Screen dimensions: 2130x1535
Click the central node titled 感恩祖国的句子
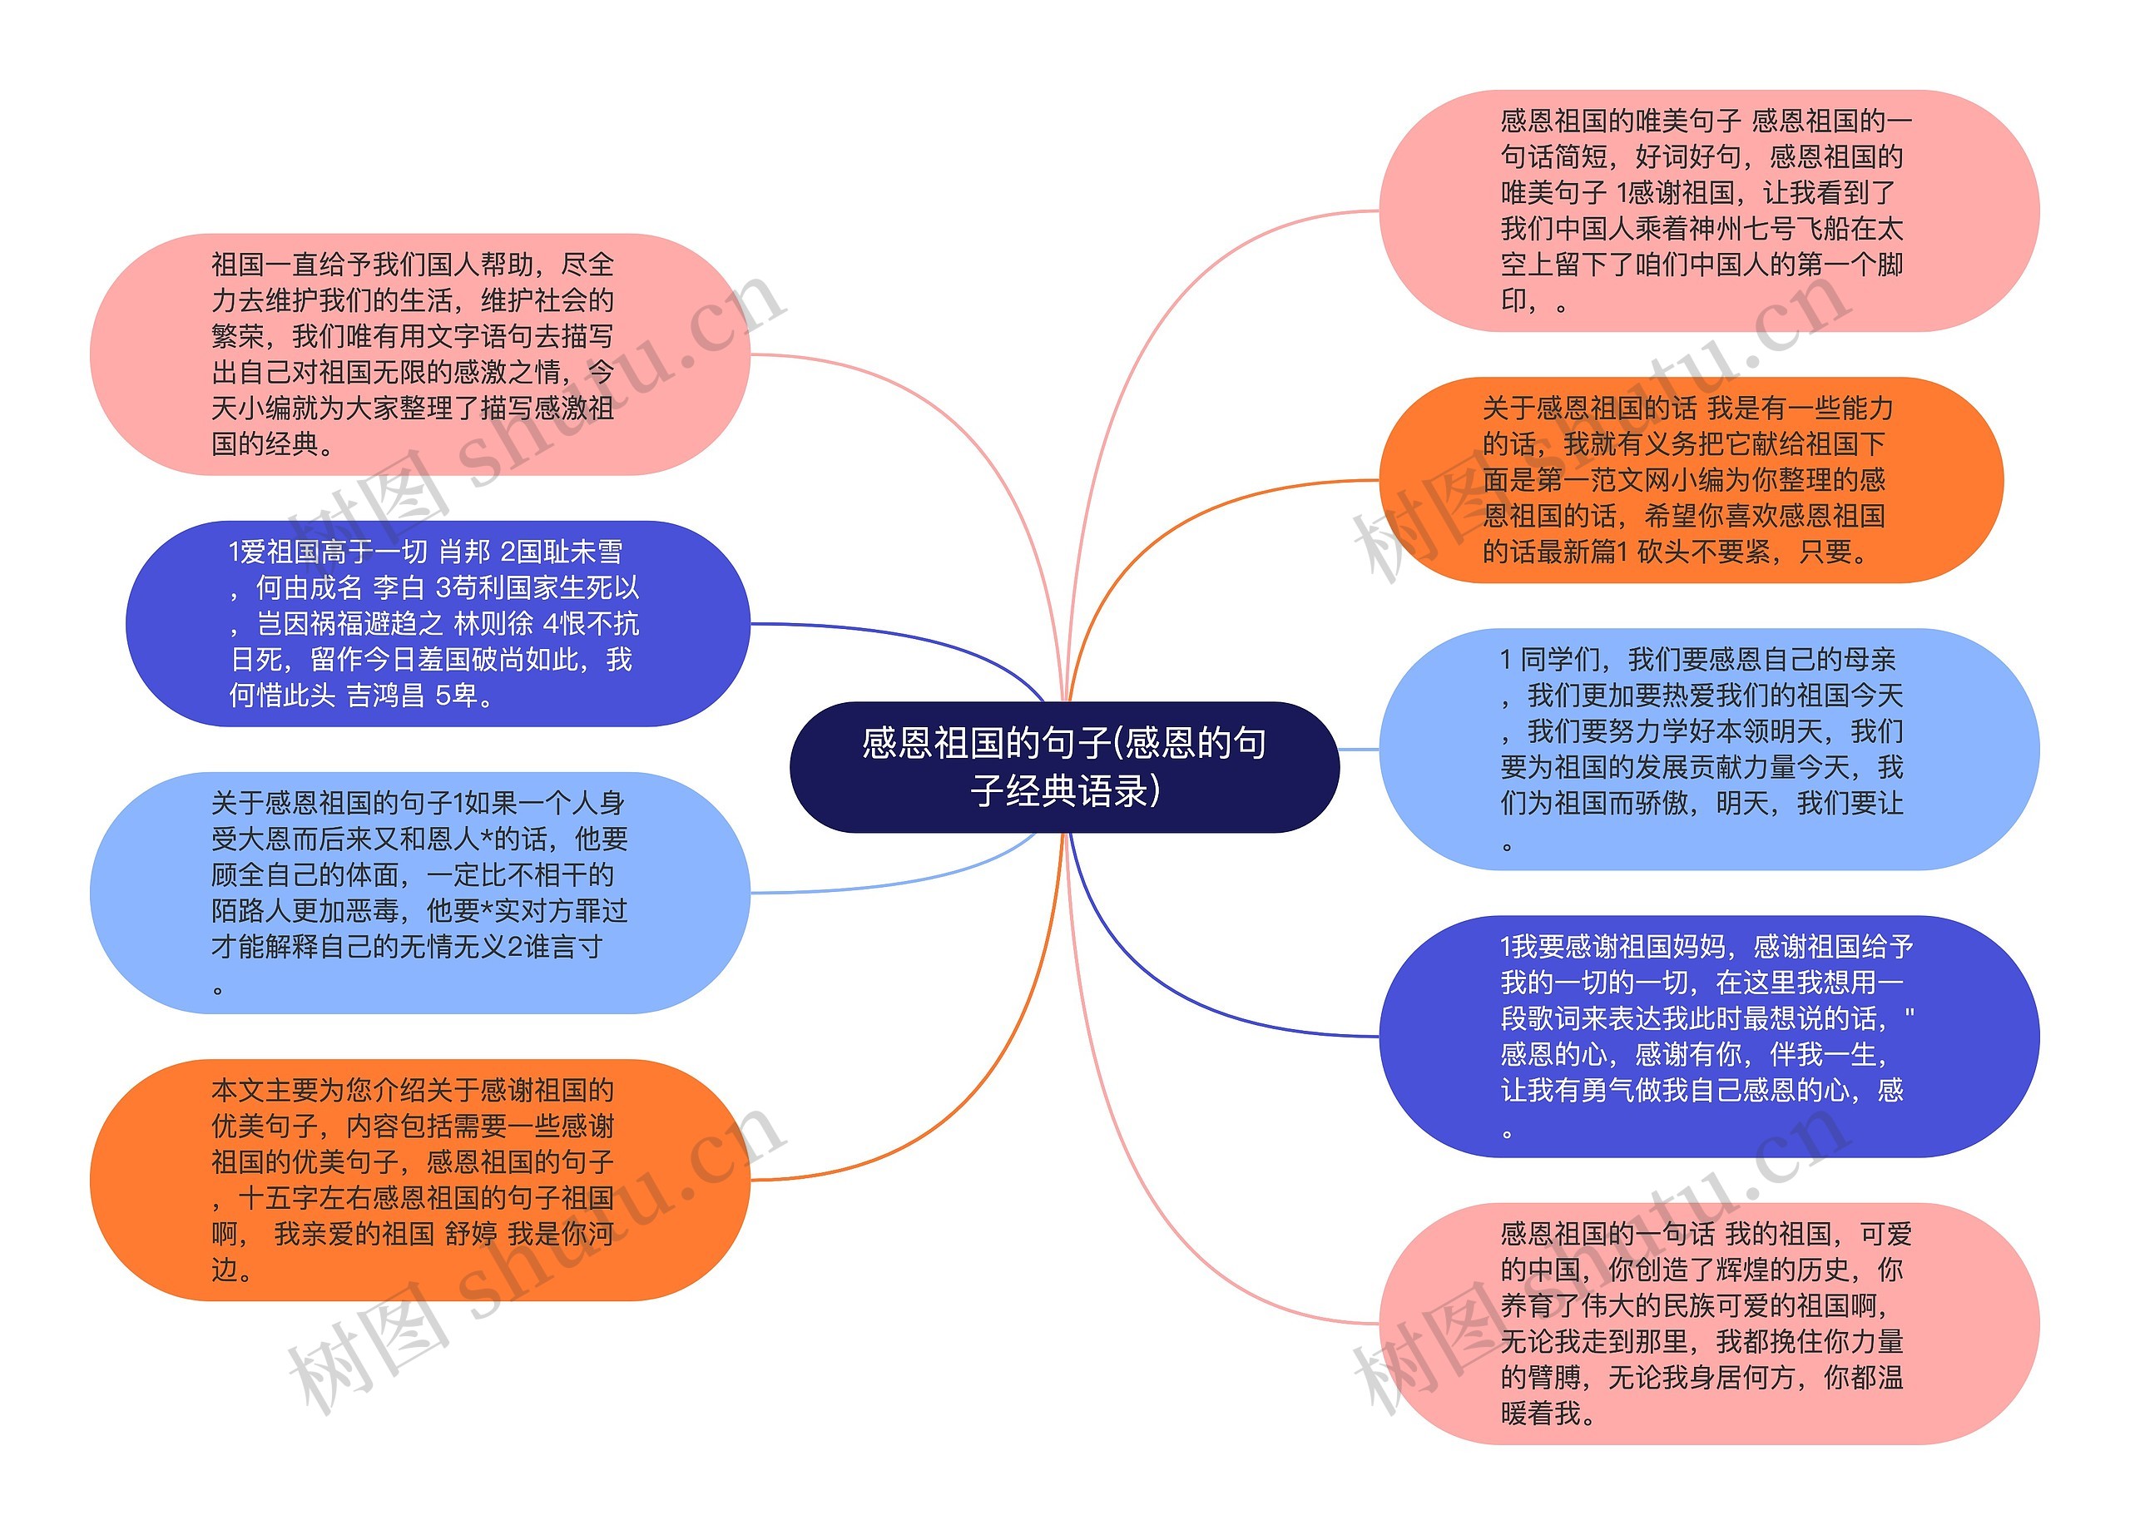click(x=1064, y=766)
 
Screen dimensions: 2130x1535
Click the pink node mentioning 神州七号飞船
click(x=1708, y=210)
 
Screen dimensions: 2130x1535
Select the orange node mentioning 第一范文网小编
click(x=1690, y=480)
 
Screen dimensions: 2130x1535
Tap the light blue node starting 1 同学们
click(x=1708, y=748)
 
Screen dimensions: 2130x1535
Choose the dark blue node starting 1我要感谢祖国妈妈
click(x=1708, y=1036)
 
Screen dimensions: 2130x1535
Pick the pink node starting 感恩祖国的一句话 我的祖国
click(x=1708, y=1323)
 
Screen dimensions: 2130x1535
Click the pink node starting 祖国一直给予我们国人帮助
click(x=419, y=354)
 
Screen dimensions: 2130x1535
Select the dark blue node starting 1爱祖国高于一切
click(x=438, y=623)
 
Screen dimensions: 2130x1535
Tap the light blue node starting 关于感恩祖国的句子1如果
click(x=419, y=892)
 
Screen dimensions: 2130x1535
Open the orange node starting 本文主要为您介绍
click(x=419, y=1179)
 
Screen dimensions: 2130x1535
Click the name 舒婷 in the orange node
click(x=471, y=1234)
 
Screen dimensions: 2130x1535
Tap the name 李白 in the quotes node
click(x=399, y=587)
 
